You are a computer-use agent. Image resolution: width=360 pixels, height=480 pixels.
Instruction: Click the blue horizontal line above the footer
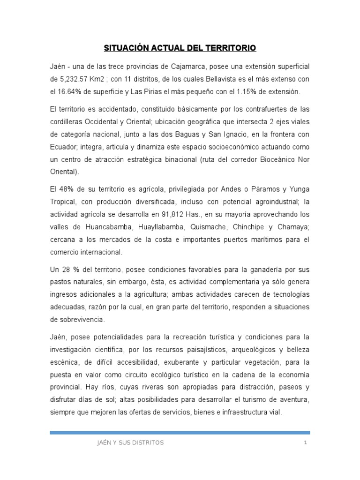[180, 432]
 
